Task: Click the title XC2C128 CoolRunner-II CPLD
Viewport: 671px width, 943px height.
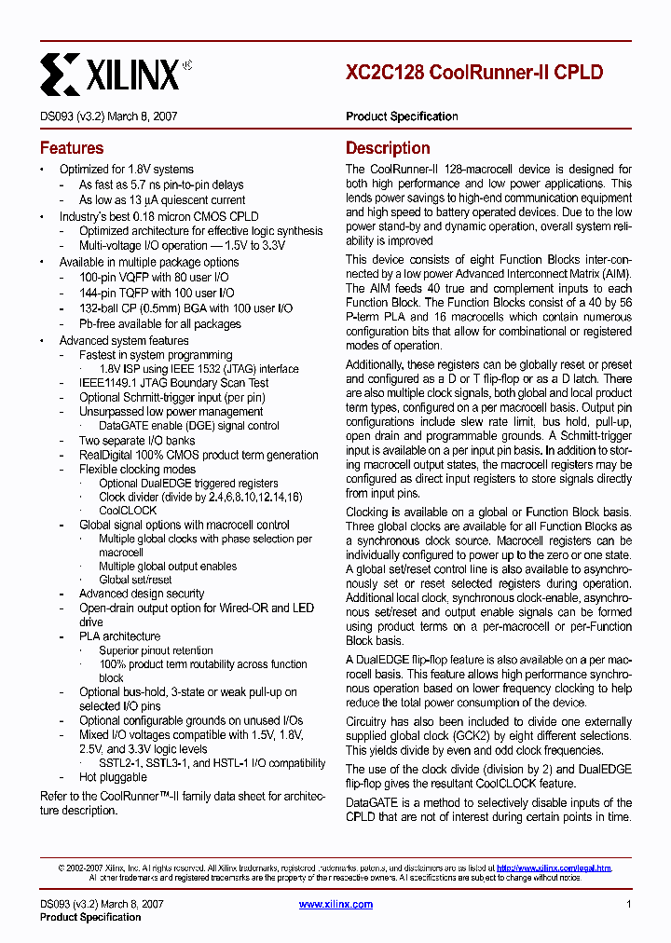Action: pyautogui.click(x=473, y=73)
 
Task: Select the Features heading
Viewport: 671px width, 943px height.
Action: pyautogui.click(x=72, y=148)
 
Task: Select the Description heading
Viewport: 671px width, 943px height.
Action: pyautogui.click(x=388, y=148)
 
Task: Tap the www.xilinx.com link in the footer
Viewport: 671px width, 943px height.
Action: pyautogui.click(x=335, y=904)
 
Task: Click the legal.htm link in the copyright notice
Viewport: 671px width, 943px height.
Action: pyautogui.click(x=554, y=868)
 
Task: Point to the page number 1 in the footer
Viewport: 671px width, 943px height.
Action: pyautogui.click(x=629, y=904)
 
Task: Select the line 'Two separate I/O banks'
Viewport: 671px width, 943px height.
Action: pyautogui.click(x=137, y=440)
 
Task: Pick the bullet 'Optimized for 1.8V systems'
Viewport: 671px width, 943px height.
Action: pyautogui.click(x=126, y=170)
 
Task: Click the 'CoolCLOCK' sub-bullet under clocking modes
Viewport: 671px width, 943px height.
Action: pyautogui.click(x=128, y=511)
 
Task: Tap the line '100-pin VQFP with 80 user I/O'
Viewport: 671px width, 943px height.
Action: pyautogui.click(x=154, y=278)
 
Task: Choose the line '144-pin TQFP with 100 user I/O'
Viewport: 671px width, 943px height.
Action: pyautogui.click(x=157, y=293)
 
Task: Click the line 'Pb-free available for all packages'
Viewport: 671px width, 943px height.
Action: pyautogui.click(x=159, y=324)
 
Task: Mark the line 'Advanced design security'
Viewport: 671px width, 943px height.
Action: pyautogui.click(x=142, y=594)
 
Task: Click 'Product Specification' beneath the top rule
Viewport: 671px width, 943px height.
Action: pyautogui.click(x=402, y=116)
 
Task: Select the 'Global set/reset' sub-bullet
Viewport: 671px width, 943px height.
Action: pyautogui.click(x=135, y=580)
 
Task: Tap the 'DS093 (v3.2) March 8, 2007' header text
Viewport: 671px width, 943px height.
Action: pyautogui.click(x=109, y=116)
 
